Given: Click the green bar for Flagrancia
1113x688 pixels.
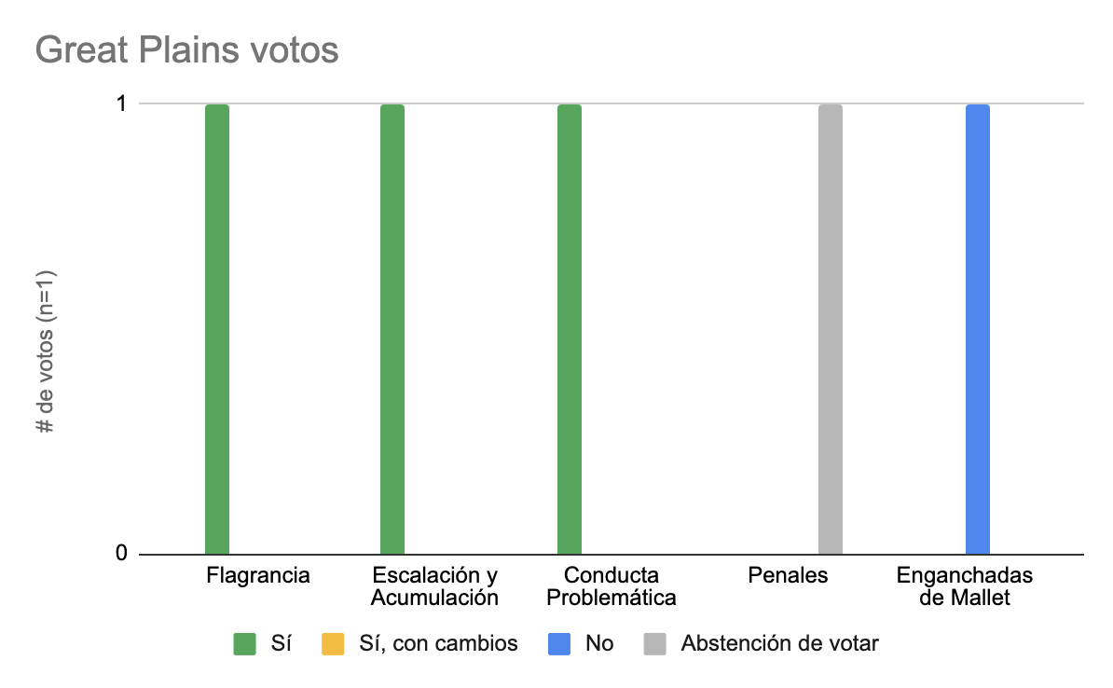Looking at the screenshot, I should coord(217,329).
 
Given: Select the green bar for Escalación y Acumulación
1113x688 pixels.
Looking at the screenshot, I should coord(392,329).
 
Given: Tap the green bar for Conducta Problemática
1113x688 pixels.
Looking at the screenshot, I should coord(570,329).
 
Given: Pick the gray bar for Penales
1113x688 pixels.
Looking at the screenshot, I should coord(831,329).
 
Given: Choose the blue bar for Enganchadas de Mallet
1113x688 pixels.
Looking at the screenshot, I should coord(978,329).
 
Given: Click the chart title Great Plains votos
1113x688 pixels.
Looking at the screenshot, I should coord(186,49).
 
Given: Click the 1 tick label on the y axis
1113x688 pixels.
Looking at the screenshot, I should coord(121,104).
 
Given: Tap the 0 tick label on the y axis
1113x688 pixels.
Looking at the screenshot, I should coord(121,554).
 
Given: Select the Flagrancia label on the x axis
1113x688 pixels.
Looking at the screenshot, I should coord(257,575).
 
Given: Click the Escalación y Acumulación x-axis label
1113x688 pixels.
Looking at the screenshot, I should coord(434,585).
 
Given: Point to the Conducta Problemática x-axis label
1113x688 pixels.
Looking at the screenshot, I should coord(611,585).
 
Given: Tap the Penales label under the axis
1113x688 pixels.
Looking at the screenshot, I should coord(788,575).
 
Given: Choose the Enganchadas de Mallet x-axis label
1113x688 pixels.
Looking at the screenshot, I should coord(965,585).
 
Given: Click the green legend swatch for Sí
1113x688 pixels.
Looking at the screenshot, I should coord(244,643).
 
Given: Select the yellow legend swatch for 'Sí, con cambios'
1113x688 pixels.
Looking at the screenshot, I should coord(332,643).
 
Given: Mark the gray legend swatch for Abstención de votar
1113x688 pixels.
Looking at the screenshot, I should coord(655,643).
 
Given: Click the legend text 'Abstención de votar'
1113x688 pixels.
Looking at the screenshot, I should coord(779,643).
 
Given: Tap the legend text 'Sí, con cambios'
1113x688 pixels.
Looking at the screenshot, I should coord(438,643).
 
